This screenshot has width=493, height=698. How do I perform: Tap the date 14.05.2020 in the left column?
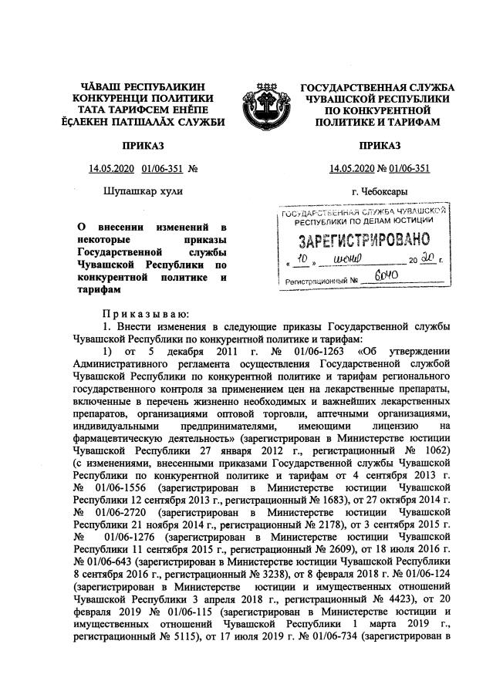pyautogui.click(x=113, y=168)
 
